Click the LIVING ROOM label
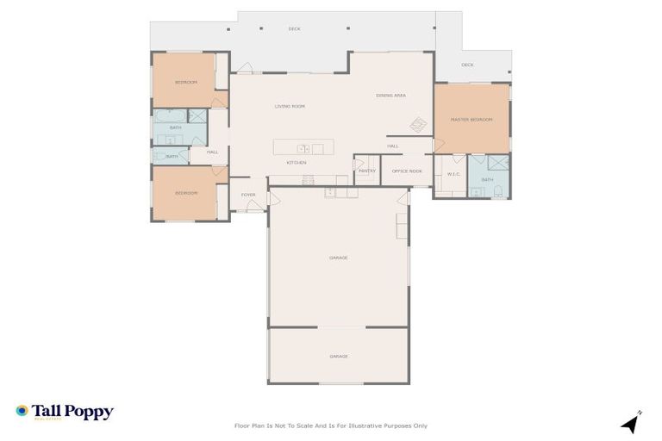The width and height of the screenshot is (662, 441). (290, 106)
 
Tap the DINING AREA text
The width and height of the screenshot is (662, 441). (390, 95)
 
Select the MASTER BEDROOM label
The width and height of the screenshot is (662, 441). (471, 119)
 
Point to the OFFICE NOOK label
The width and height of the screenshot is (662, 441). (407, 171)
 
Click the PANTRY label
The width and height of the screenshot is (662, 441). (366, 171)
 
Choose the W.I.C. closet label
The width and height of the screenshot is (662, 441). (453, 175)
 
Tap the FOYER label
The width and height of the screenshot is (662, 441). (248, 195)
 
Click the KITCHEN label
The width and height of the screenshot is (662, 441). (297, 162)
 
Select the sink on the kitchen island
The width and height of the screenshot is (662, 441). (303, 148)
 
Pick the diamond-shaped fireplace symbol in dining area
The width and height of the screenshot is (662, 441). (418, 124)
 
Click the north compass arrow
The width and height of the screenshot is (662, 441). (631, 423)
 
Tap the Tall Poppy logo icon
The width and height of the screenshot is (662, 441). (22, 411)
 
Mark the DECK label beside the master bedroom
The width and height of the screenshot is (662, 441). (467, 65)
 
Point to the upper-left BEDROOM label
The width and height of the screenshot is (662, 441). (185, 82)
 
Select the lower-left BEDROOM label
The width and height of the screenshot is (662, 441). (186, 193)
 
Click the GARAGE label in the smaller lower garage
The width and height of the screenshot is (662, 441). (339, 356)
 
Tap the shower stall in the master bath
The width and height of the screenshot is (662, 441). (498, 162)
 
